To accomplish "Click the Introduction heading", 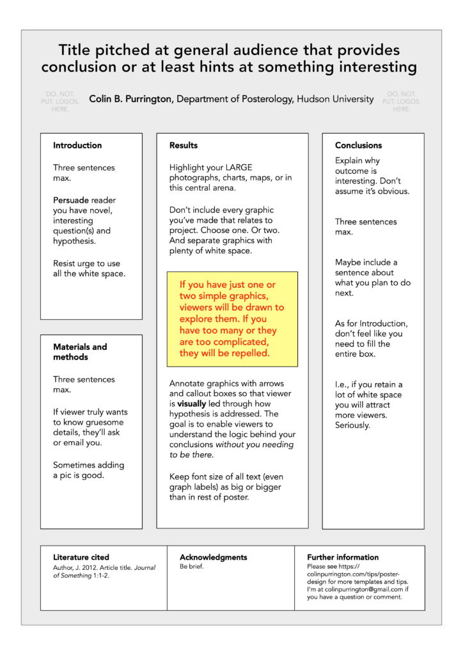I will point(77,145).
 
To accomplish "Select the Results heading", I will point(184,145).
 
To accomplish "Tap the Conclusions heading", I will point(358,145).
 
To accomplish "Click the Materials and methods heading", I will point(80,352).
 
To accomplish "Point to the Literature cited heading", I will point(81,557).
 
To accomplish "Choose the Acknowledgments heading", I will point(213,557).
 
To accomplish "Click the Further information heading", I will point(343,557).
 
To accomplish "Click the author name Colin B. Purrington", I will point(131,99).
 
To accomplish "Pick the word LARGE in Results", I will point(239,168).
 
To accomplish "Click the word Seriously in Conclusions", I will point(352,425).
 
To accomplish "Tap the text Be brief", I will point(192,567).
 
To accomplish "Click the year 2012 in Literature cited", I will point(93,567).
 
